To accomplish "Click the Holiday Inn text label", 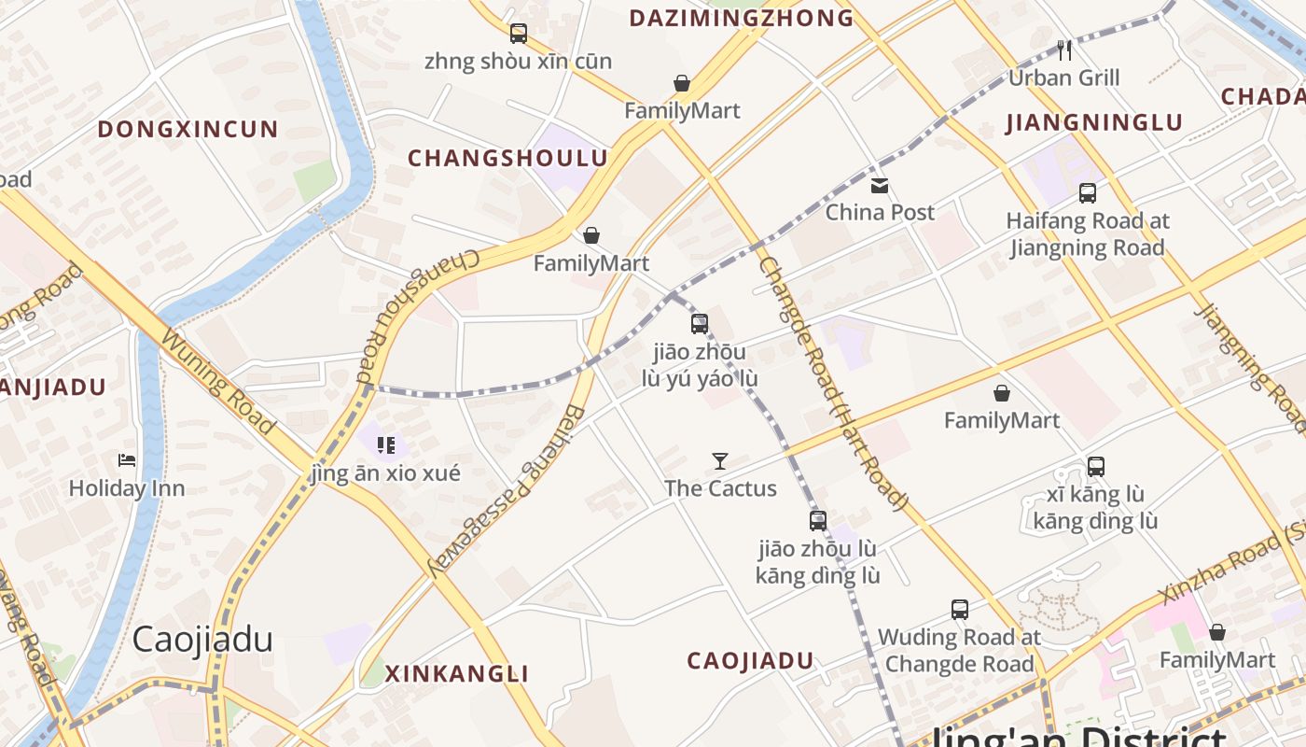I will tap(127, 488).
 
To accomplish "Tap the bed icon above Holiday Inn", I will tap(127, 460).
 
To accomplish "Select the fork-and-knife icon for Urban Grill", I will tap(1064, 49).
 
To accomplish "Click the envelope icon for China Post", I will tap(880, 185).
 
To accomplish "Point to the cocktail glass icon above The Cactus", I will tap(720, 460).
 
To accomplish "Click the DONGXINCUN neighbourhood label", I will tap(188, 129).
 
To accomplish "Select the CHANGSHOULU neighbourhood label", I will tap(507, 158).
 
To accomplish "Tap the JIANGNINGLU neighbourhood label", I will tap(1094, 122).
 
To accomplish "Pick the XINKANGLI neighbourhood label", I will tap(457, 673).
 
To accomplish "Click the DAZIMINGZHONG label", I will tap(742, 18).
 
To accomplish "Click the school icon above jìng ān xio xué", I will tap(386, 445).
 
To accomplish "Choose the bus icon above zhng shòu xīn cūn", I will tap(519, 34).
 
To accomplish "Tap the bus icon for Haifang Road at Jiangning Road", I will tap(1088, 193).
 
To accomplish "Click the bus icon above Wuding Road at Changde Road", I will tap(960, 610).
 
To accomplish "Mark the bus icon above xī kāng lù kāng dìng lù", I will tap(1096, 466).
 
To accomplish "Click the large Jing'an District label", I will tap(1073, 736).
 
